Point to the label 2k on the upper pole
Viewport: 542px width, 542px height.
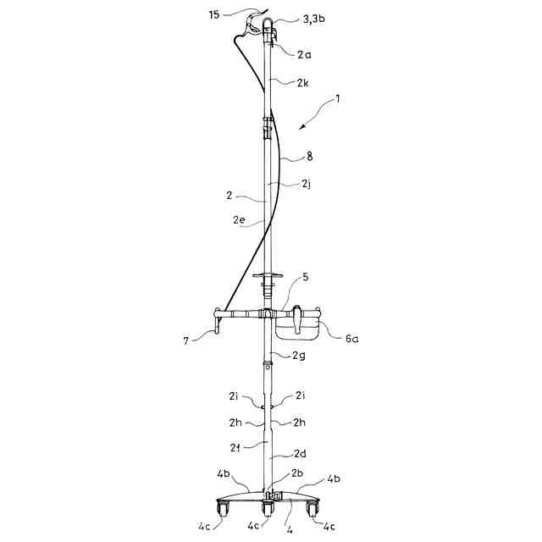click(303, 84)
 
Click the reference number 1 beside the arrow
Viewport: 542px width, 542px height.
click(337, 98)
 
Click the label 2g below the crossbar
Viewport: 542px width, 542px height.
click(299, 356)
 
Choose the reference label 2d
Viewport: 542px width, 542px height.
click(300, 453)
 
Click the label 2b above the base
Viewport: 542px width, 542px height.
click(297, 473)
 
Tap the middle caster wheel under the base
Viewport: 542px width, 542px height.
click(269, 510)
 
